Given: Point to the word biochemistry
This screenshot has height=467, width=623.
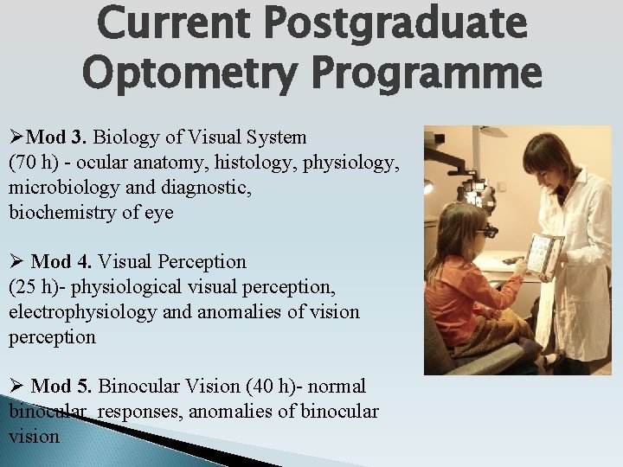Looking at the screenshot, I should tap(61, 212).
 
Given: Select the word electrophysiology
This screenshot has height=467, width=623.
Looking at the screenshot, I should tap(83, 311).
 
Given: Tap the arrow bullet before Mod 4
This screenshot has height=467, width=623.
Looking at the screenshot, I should tap(17, 261).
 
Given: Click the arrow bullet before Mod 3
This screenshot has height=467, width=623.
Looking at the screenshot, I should tap(17, 137).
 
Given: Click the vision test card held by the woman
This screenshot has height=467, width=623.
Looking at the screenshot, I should tap(544, 256).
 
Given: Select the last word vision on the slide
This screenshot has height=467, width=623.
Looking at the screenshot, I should tap(35, 436).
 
